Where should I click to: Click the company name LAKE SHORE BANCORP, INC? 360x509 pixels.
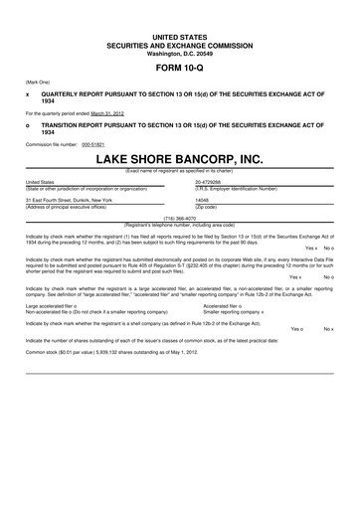pos(180,158)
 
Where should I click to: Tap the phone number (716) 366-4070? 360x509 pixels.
pos(180,217)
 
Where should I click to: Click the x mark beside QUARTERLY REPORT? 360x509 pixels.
pos(27,93)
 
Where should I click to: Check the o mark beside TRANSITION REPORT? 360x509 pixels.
pos(27,127)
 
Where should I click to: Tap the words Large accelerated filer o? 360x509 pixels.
pos(52,305)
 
